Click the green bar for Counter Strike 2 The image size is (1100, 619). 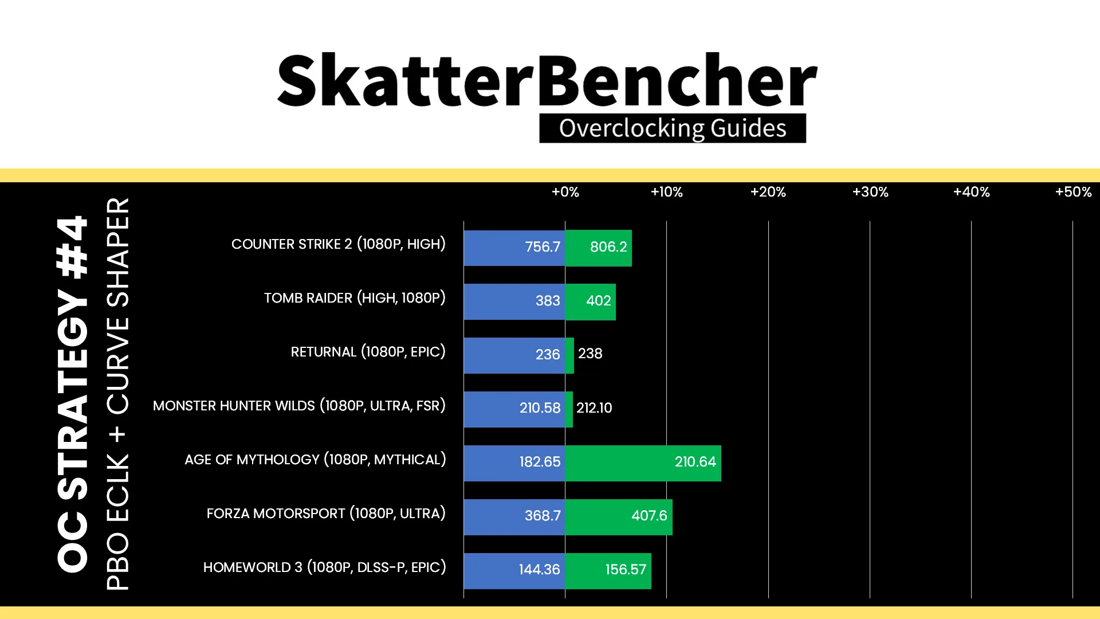[598, 248]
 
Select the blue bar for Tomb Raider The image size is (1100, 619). [514, 301]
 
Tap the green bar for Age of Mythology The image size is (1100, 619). [643, 463]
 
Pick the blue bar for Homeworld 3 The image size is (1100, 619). [514, 571]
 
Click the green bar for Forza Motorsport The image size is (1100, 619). [619, 517]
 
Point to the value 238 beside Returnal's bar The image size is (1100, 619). [590, 354]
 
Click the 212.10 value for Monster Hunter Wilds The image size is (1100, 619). [594, 408]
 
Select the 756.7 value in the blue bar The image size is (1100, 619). [543, 247]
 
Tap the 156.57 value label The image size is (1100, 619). [626, 569]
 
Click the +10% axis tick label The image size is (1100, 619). [667, 192]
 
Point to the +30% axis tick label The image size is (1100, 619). [870, 192]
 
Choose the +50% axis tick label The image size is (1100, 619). [1074, 192]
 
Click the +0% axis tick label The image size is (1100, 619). [565, 192]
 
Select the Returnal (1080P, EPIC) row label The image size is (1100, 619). [368, 352]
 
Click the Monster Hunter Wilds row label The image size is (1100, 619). [299, 406]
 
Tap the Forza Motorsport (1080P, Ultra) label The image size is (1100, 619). [326, 514]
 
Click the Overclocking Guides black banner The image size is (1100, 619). [673, 128]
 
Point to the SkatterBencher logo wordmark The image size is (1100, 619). [547, 80]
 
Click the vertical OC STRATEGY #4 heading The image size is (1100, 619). [73, 394]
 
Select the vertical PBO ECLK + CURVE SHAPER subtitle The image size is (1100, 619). [118, 394]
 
